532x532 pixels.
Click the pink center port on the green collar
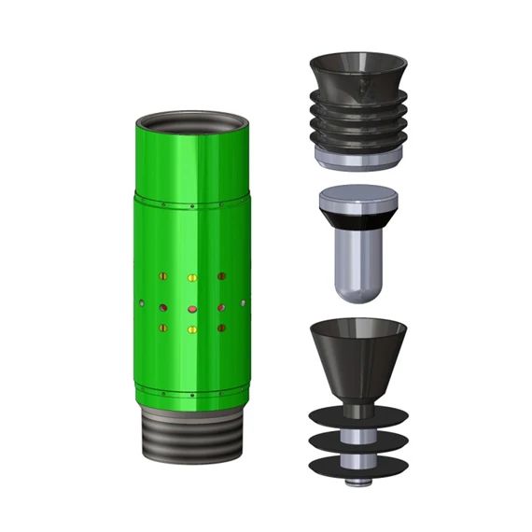[x=192, y=307]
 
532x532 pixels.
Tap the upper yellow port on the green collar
[x=192, y=278]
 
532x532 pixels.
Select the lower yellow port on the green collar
[x=192, y=329]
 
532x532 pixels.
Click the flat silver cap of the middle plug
[x=358, y=199]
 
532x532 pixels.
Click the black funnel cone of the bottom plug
[x=357, y=359]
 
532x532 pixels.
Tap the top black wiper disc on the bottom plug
[x=357, y=418]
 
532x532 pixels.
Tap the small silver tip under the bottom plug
[x=357, y=482]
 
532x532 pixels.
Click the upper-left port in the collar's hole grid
[x=162, y=277]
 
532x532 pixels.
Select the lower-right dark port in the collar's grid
[x=222, y=329]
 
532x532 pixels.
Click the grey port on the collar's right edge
[x=243, y=304]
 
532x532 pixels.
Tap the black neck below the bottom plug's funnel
[x=357, y=407]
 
